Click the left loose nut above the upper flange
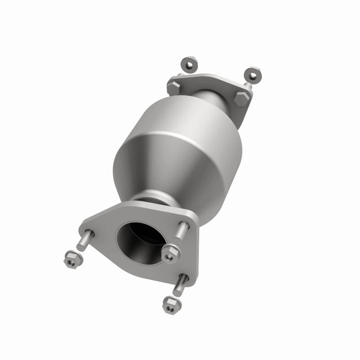coord(189,63)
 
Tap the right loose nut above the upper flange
coord(253,74)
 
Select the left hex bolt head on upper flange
coord(174,87)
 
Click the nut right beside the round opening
coord(170,253)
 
